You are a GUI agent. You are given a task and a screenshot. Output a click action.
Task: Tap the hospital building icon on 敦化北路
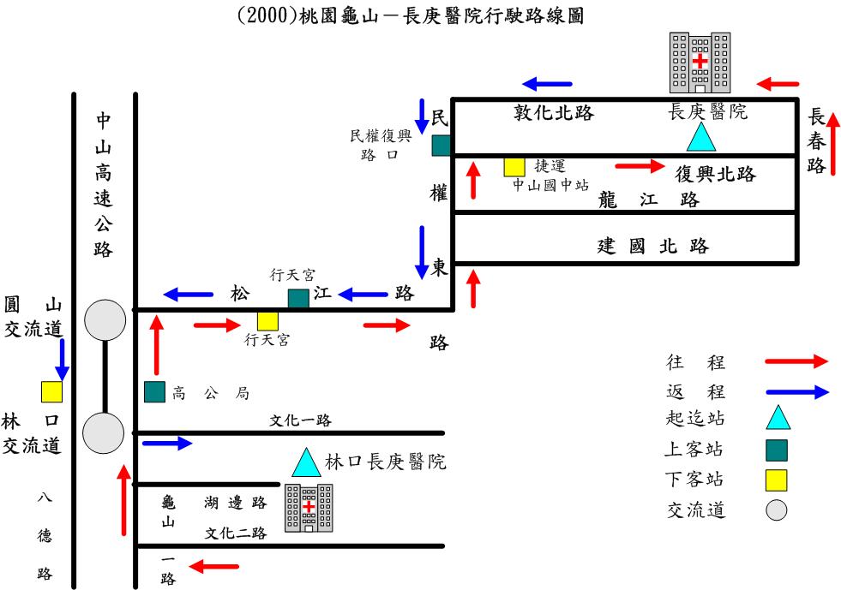pos(700,63)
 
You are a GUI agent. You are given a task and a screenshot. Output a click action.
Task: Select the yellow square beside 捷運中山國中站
pos(514,166)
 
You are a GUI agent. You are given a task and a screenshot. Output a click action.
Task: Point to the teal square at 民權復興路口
pos(441,146)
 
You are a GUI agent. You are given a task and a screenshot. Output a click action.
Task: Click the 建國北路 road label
pos(653,247)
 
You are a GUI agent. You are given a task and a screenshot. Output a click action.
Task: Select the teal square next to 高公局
pos(154,391)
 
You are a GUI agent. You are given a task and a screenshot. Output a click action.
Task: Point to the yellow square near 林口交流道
pos(52,391)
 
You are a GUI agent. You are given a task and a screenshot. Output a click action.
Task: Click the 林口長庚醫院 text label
pos(385,462)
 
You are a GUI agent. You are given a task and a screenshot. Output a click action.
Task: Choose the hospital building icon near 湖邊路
pos(309,508)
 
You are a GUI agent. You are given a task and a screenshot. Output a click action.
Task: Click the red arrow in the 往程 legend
pos(796,362)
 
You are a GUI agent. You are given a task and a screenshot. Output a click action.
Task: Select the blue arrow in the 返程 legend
pos(796,392)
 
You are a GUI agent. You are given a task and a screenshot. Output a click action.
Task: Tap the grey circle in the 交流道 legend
pos(777,510)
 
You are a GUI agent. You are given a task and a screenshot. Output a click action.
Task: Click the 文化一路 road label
pos(300,420)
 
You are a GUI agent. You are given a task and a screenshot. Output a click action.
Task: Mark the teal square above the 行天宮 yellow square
pos(297,298)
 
